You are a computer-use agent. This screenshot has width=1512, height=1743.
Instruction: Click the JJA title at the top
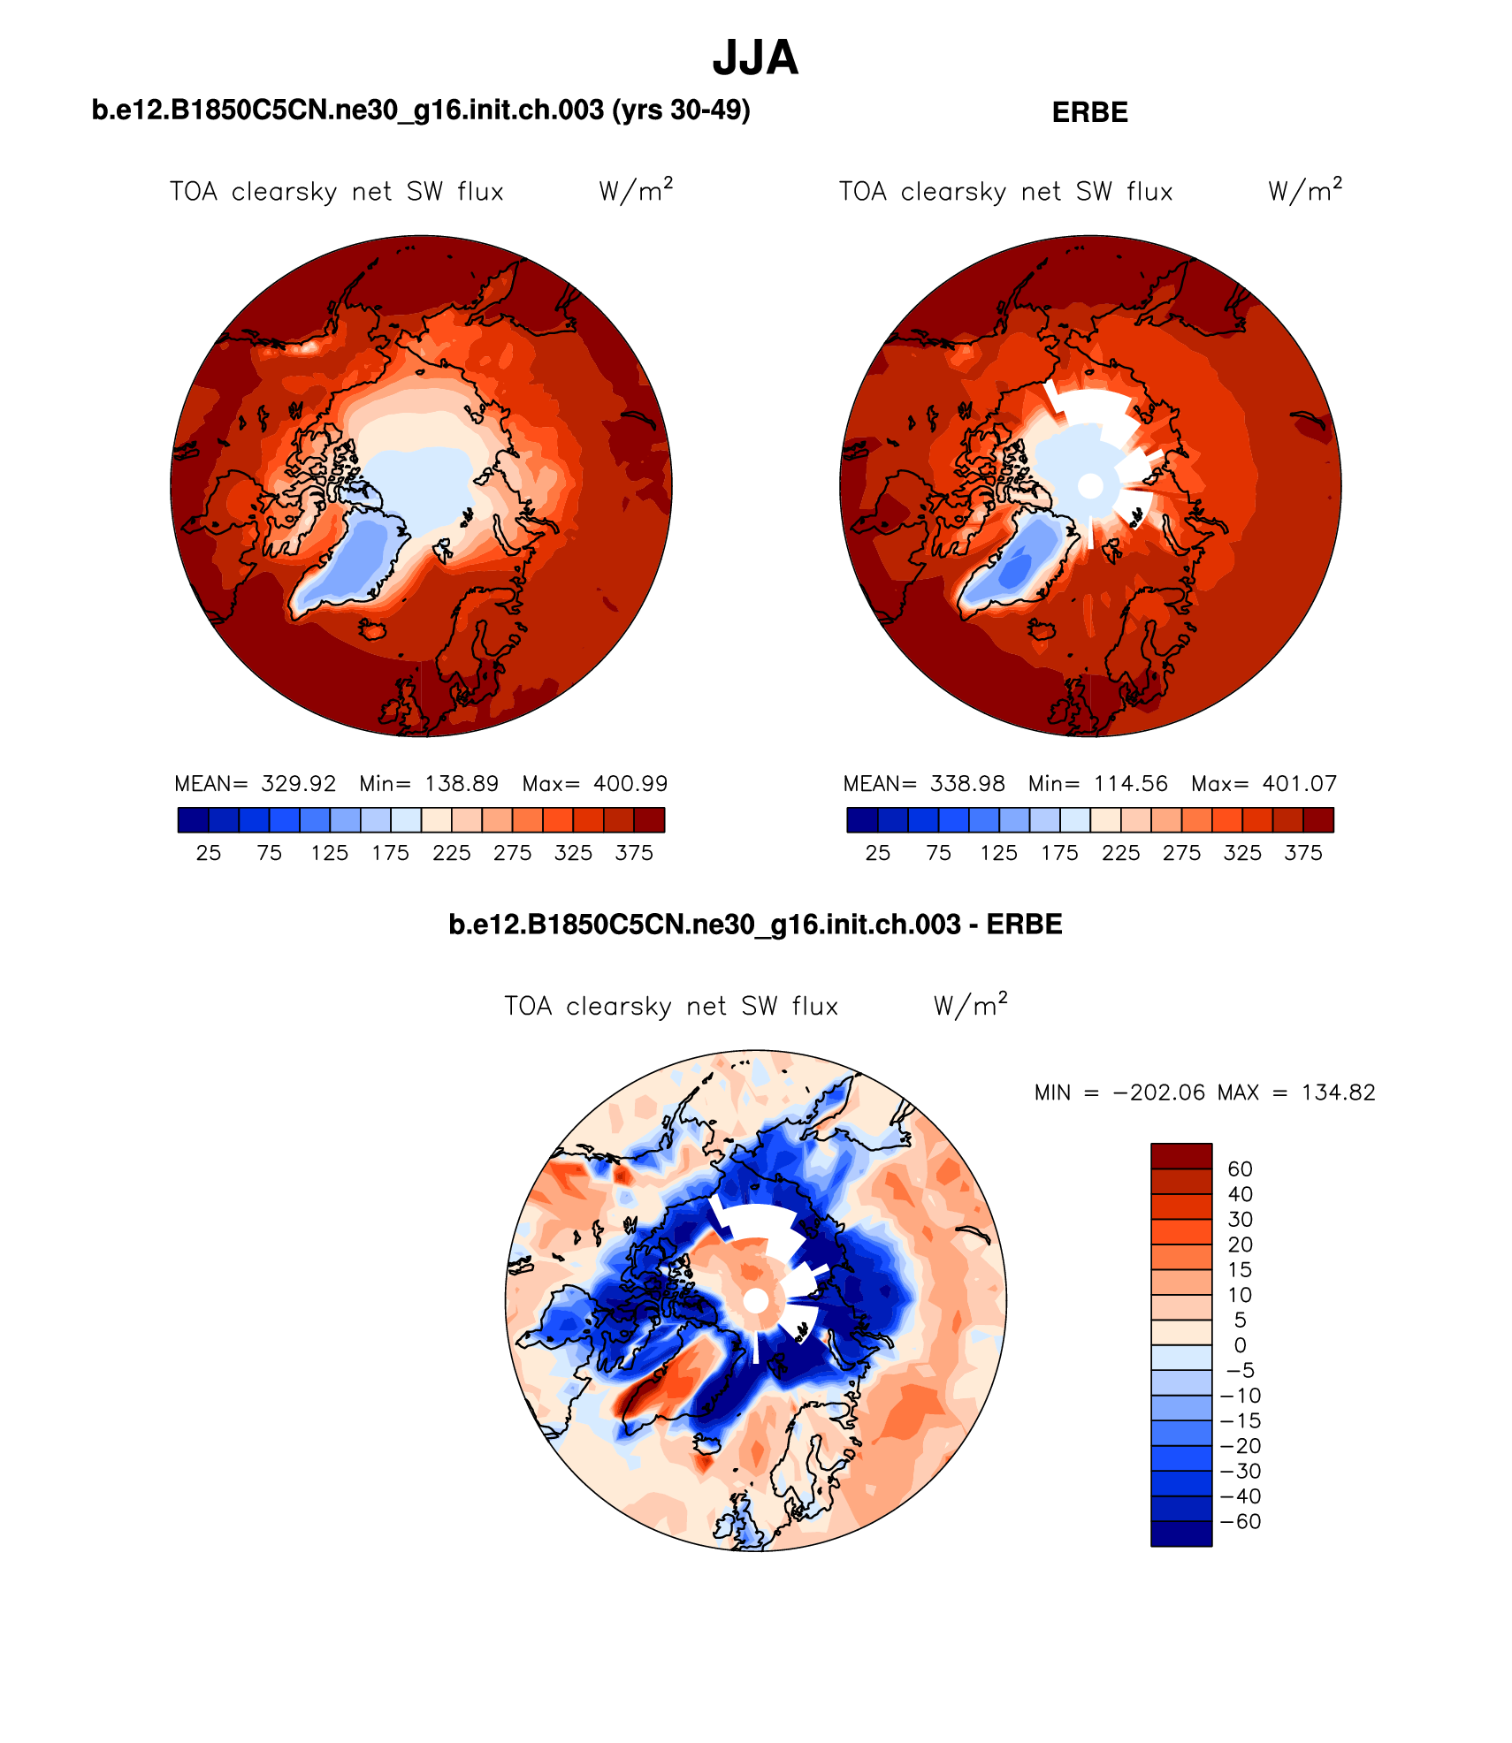pyautogui.click(x=755, y=58)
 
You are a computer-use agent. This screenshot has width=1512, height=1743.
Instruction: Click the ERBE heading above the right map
pyautogui.click(x=1089, y=113)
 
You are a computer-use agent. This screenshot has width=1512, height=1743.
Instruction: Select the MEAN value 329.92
pyautogui.click(x=298, y=784)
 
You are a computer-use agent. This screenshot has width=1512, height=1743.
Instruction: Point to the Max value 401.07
pyautogui.click(x=1299, y=784)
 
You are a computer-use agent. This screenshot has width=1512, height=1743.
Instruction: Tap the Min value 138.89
pyautogui.click(x=462, y=784)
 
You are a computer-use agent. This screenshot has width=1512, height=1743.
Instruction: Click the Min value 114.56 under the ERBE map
pyautogui.click(x=1130, y=784)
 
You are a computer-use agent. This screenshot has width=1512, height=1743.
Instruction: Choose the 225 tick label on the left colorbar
pyautogui.click(x=451, y=853)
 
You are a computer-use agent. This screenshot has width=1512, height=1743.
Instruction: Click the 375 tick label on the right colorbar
pyautogui.click(x=1302, y=853)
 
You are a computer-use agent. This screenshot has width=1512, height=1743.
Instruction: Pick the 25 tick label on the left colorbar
pyautogui.click(x=209, y=853)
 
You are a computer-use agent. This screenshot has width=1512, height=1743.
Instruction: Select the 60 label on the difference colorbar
pyautogui.click(x=1240, y=1169)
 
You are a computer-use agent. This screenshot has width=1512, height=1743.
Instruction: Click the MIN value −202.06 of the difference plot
pyautogui.click(x=1158, y=1093)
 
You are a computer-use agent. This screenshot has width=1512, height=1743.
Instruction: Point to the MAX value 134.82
pyautogui.click(x=1338, y=1093)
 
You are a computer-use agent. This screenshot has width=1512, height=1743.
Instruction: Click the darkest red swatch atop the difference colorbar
pyautogui.click(x=1180, y=1156)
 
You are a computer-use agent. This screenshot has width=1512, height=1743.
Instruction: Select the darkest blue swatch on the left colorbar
pyautogui.click(x=193, y=820)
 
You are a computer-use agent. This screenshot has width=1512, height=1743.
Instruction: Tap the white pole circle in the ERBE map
pyautogui.click(x=1090, y=486)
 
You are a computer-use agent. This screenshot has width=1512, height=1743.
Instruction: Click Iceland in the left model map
pyautogui.click(x=373, y=629)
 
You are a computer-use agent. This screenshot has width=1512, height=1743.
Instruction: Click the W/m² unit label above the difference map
pyautogui.click(x=970, y=1006)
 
